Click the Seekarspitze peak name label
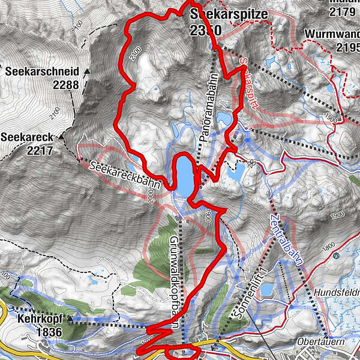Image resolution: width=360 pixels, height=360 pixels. (220, 13)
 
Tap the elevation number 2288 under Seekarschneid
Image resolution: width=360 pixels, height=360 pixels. (65, 85)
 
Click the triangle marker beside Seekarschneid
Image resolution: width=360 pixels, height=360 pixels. (87, 71)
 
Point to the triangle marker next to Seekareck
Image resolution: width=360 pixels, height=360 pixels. (61, 137)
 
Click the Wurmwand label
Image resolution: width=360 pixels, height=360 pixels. (332, 34)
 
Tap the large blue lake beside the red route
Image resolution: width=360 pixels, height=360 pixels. (184, 175)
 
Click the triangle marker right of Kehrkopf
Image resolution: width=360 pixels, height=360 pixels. (71, 317)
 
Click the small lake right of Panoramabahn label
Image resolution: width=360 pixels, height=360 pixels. (224, 118)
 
